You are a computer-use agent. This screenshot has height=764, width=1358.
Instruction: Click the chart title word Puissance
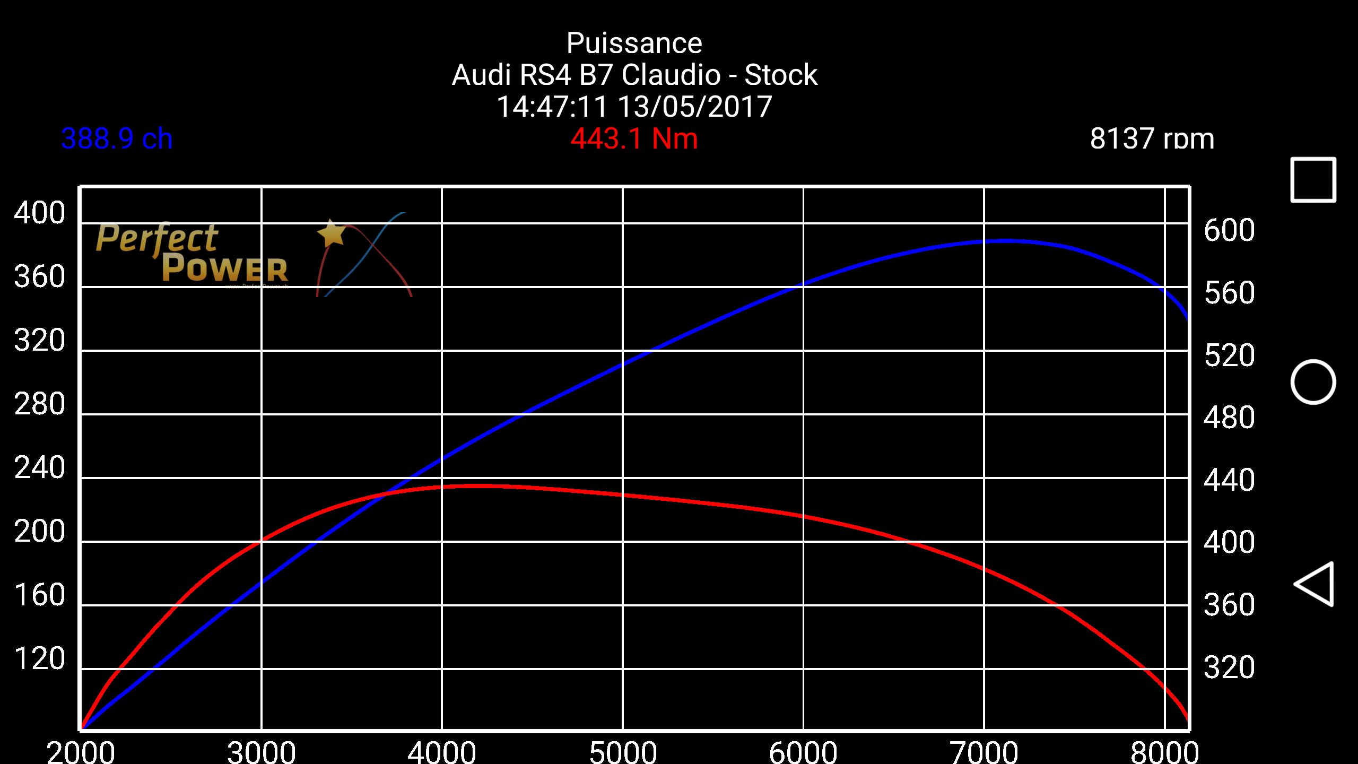[x=634, y=44]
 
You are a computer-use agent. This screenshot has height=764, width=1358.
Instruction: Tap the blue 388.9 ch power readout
[x=117, y=139]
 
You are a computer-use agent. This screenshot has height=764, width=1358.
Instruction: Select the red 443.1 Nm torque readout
[x=634, y=139]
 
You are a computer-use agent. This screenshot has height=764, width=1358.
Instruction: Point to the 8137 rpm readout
[x=1152, y=139]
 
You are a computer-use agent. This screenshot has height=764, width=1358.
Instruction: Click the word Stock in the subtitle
[x=780, y=75]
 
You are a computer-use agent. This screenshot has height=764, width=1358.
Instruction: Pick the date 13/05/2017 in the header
[x=695, y=107]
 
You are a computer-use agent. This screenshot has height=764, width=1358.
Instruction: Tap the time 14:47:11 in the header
[x=552, y=107]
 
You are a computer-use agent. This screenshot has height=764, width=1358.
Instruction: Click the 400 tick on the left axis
[x=40, y=213]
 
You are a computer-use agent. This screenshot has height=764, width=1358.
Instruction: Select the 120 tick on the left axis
[x=40, y=659]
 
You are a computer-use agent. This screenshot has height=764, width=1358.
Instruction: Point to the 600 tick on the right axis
[x=1229, y=230]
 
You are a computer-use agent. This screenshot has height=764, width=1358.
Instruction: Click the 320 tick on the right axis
[x=1229, y=667]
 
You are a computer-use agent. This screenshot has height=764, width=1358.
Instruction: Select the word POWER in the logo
[x=225, y=268]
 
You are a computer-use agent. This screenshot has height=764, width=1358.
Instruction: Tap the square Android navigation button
[x=1313, y=180]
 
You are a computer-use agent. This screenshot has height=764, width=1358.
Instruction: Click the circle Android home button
[x=1313, y=382]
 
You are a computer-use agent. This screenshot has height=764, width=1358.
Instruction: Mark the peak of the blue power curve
[x=1005, y=241]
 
